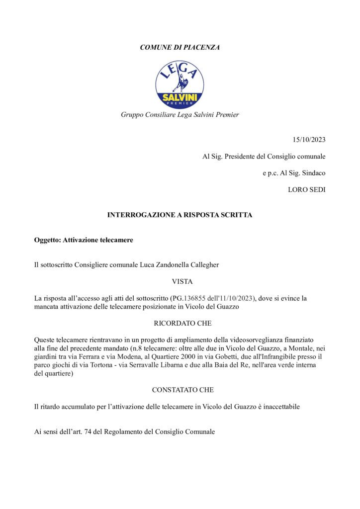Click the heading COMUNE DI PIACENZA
tap(180, 47)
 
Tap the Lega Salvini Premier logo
tap(180, 82)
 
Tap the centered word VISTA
tap(180, 281)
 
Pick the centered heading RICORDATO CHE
tap(180, 323)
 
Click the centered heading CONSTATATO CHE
tap(180, 390)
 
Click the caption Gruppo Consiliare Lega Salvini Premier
tap(180, 115)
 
